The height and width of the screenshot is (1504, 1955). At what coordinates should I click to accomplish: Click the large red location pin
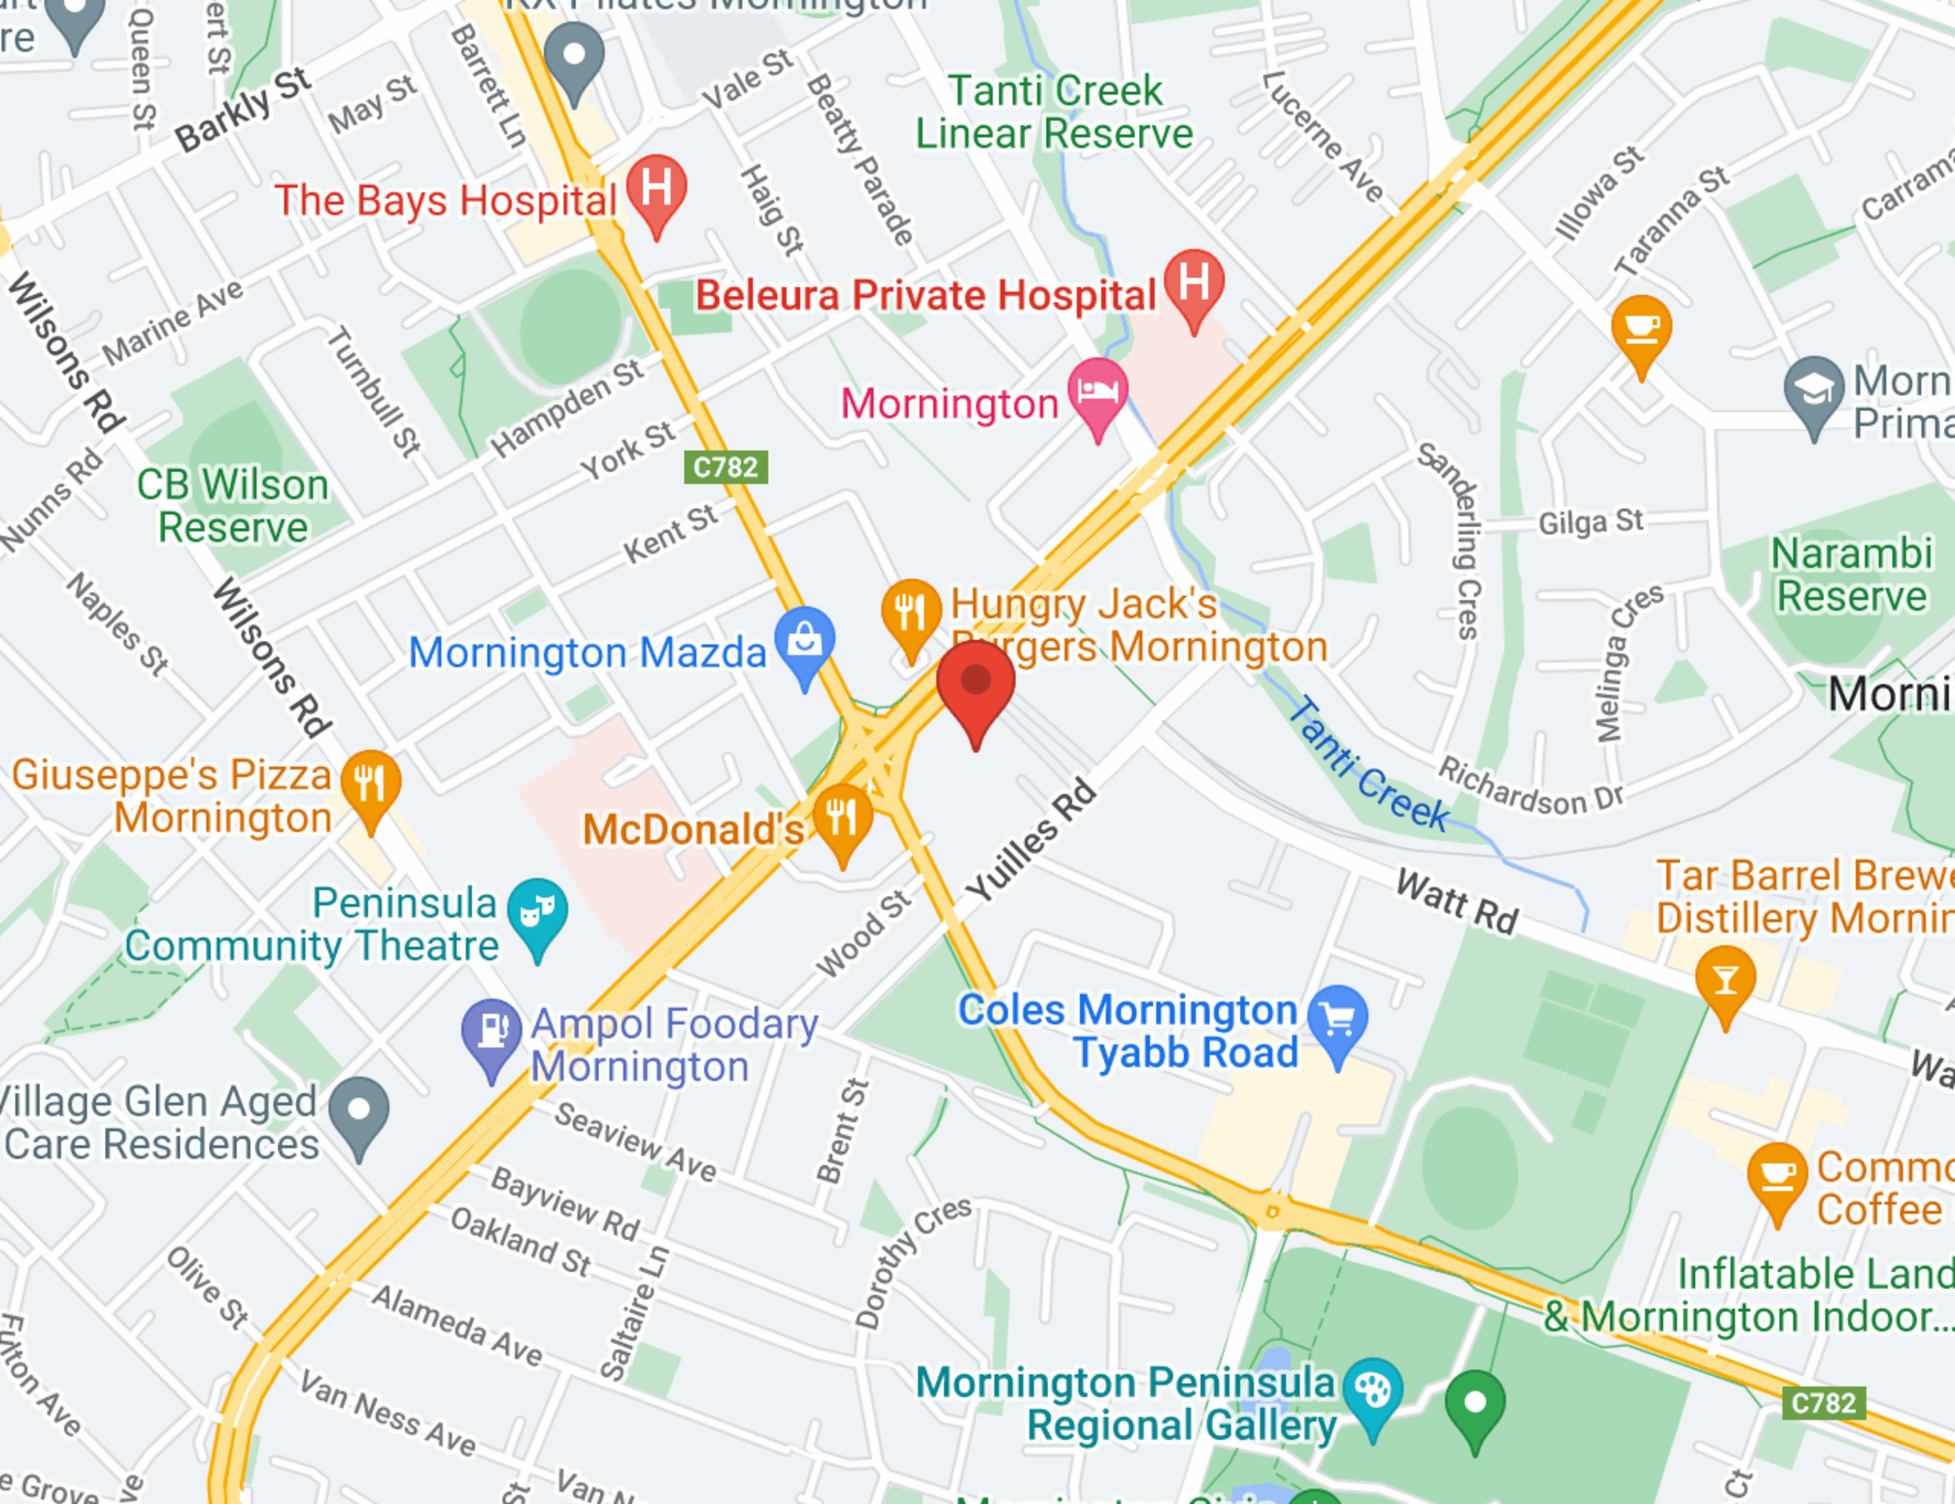[x=975, y=685]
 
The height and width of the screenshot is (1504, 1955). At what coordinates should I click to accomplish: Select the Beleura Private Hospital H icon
[x=1194, y=282]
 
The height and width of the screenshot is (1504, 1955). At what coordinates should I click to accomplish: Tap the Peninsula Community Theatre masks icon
[x=537, y=912]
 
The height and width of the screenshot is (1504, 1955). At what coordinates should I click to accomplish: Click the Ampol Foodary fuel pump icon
[x=491, y=1032]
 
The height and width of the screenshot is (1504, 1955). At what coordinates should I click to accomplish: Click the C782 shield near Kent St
[x=725, y=467]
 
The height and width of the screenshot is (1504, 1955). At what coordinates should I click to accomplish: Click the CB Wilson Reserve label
[x=233, y=506]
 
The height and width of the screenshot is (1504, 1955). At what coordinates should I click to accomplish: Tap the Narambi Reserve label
[x=1851, y=575]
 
